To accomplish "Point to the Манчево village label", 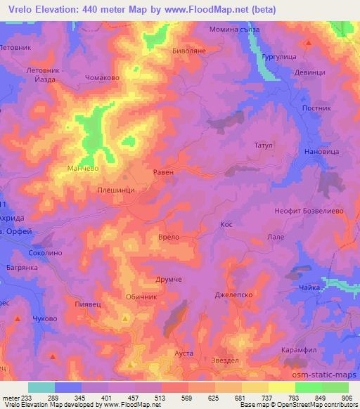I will click(x=82, y=169).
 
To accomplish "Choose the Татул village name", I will click(x=253, y=146).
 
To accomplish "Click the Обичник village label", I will click(x=141, y=297).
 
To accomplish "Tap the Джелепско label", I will click(x=229, y=297).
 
